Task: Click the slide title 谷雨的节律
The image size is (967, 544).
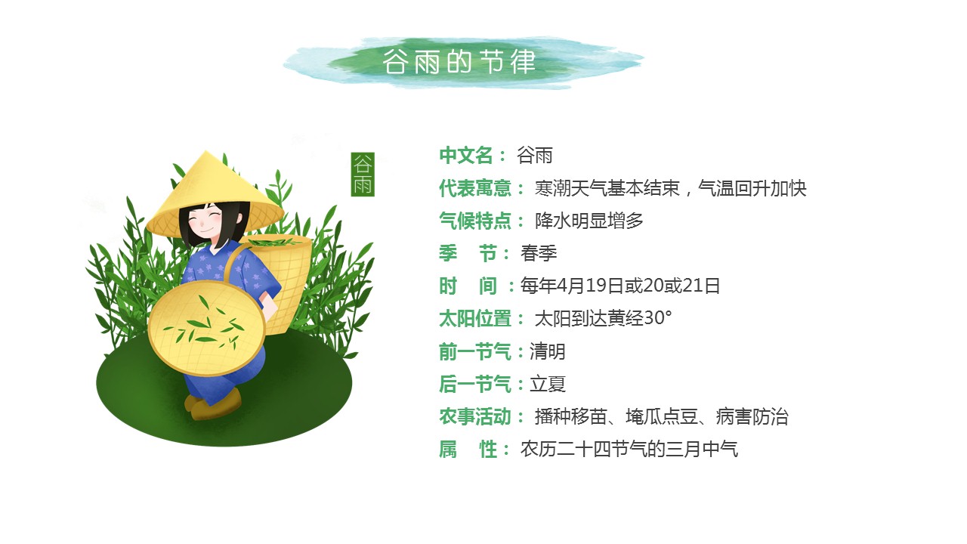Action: point(459,62)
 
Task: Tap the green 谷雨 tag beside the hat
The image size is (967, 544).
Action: point(363,175)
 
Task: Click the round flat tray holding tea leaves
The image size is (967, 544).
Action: point(206,328)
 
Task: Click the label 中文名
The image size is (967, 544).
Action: point(466,156)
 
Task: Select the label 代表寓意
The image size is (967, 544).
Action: point(475,189)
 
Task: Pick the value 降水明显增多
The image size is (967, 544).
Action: point(589,221)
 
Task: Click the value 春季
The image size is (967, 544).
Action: point(539,253)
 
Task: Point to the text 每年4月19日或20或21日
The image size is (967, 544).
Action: point(620,286)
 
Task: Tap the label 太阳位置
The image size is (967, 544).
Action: point(475,319)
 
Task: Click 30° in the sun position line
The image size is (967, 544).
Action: point(657,318)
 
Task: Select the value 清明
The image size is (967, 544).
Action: point(548,352)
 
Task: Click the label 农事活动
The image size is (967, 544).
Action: point(475,417)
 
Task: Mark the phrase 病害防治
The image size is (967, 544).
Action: point(752,417)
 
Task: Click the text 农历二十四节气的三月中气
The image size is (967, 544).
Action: point(629,450)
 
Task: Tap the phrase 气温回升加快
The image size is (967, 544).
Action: point(752,189)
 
